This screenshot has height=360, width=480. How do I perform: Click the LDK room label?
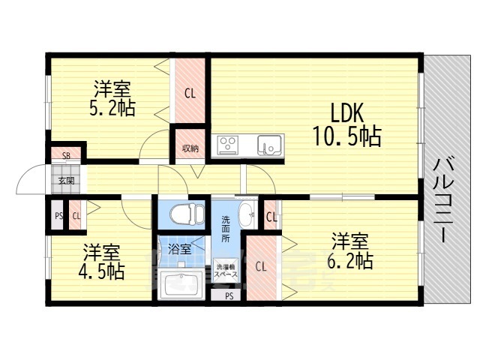coord(346,113)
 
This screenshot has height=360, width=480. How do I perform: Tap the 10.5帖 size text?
coord(346,136)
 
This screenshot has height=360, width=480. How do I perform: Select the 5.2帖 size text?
coord(112,107)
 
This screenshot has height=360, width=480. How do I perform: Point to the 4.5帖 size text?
coord(102,271)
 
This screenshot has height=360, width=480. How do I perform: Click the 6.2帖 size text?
coord(350,260)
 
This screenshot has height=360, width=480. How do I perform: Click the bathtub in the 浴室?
coord(181,285)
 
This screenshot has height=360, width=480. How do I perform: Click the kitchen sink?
coord(269,145)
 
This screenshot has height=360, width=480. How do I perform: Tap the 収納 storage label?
coord(190,148)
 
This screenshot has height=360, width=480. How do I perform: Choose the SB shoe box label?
coord(67,156)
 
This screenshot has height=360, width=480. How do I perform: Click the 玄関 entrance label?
coord(67,181)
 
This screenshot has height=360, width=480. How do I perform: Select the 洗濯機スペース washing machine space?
coord(226,270)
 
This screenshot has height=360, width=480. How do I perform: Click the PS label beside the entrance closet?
coord(58,216)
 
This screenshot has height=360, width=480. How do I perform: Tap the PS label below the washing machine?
coord(229,296)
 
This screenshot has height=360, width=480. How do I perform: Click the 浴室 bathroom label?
coord(180,249)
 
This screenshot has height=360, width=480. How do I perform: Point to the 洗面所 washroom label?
coord(226,229)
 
